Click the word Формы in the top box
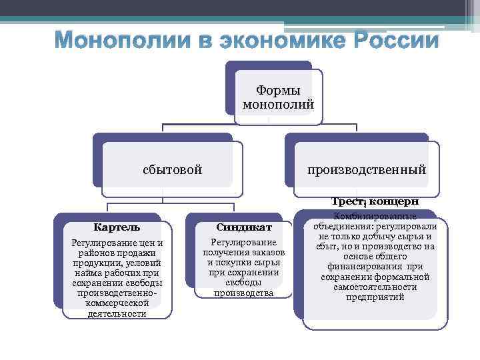point(278,91)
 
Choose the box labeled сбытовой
point(172,169)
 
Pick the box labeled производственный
point(367,169)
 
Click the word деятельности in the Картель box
point(117,313)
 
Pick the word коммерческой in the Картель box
point(117,303)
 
